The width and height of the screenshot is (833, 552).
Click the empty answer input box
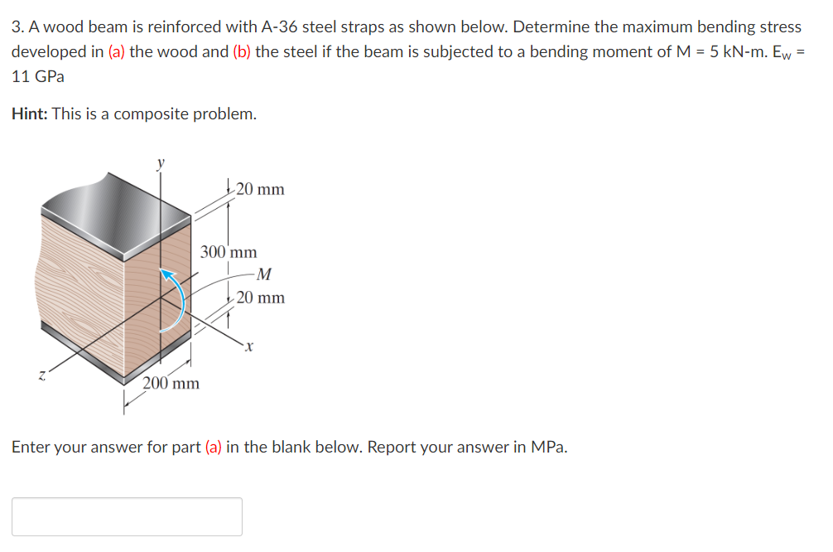(127, 516)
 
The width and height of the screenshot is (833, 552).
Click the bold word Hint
(29, 114)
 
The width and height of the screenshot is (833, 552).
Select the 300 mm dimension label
(229, 252)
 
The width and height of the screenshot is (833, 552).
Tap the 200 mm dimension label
(171, 383)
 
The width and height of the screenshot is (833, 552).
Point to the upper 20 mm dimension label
(259, 190)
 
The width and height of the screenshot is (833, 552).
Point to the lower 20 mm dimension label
(259, 298)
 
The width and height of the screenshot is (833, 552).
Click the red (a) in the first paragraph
(118, 51)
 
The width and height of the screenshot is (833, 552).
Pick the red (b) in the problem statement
(242, 51)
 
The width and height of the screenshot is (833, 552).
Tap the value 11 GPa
(38, 76)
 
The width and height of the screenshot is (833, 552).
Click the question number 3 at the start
(17, 27)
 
